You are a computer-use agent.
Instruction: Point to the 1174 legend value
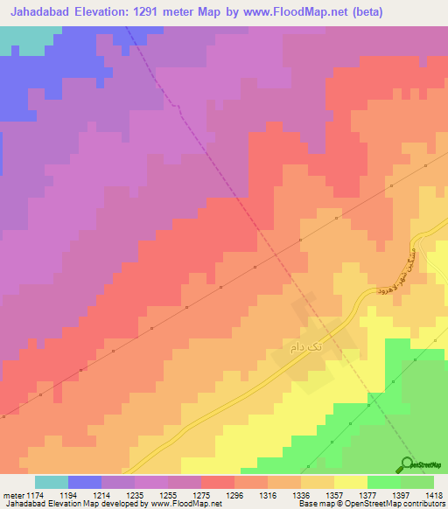pyautogui.click(x=35, y=494)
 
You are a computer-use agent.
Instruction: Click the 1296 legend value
pyautogui.click(x=234, y=494)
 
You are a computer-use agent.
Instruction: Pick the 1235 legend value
pyautogui.click(x=136, y=494)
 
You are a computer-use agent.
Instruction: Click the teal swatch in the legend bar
pyautogui.click(x=52, y=482)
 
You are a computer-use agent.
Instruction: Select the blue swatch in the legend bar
pyautogui.click(x=85, y=482)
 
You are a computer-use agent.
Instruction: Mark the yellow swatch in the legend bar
pyautogui.click(x=350, y=482)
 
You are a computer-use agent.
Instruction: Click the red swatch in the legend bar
pyautogui.click(x=217, y=482)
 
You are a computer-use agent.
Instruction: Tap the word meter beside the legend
pyautogui.click(x=10, y=494)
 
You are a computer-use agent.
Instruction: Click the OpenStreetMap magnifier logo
pyautogui.click(x=407, y=463)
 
